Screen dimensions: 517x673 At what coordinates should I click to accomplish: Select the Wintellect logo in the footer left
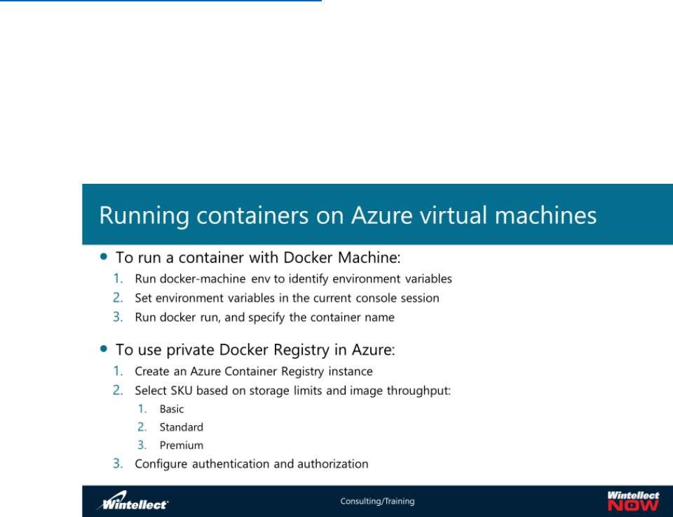132,502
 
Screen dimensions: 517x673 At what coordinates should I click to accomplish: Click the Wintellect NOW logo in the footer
632,501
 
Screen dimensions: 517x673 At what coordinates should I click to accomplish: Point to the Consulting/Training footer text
377,502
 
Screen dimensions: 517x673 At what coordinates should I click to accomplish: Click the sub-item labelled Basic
172,409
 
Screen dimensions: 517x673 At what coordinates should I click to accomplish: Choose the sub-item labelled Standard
181,427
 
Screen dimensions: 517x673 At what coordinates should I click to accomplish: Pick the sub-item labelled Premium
181,445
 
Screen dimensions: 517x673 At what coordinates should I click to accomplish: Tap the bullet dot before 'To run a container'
104,257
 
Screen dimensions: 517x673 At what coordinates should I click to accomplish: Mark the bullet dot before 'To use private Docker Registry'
104,349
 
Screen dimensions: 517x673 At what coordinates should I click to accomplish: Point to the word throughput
421,391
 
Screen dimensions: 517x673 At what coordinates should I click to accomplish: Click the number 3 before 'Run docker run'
118,317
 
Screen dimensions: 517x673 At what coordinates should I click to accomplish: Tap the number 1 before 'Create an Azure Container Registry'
118,371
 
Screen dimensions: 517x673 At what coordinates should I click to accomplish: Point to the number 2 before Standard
142,427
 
